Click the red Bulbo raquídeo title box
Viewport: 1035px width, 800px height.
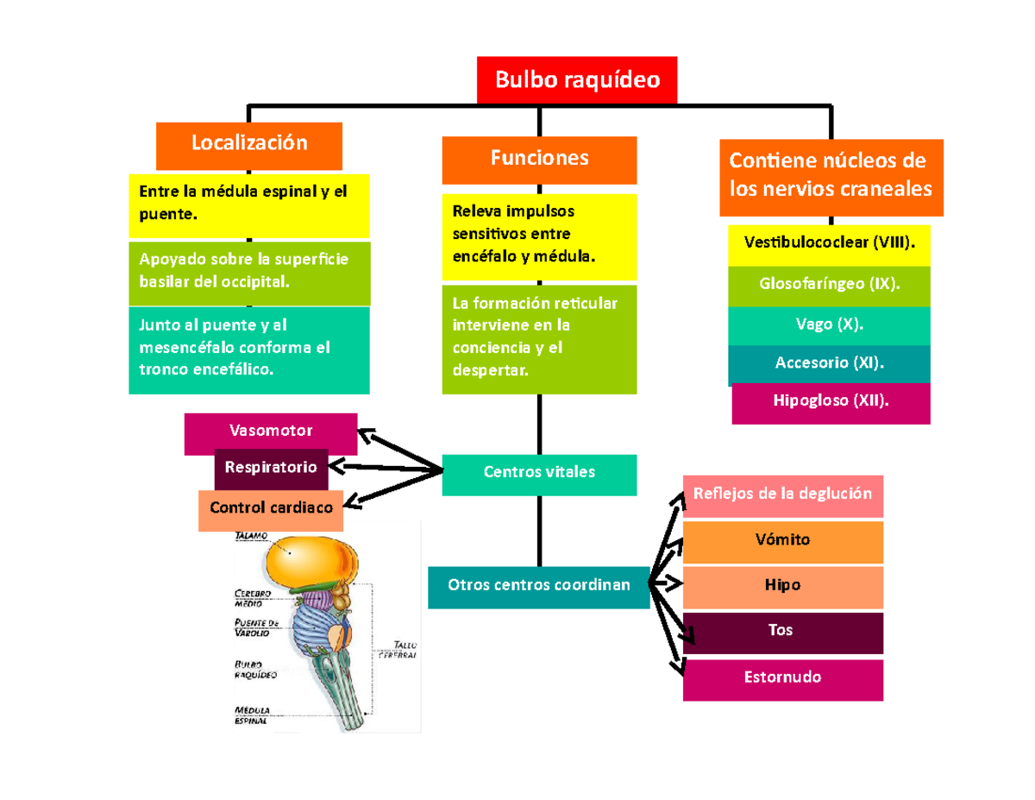click(577, 80)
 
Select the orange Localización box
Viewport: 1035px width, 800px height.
click(248, 144)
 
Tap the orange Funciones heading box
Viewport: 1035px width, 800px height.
click(539, 158)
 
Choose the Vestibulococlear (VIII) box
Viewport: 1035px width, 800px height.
click(829, 245)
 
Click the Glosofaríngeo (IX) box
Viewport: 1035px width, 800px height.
click(829, 286)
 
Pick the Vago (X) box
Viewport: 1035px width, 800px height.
click(829, 325)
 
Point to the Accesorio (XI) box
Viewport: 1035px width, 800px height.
click(829, 364)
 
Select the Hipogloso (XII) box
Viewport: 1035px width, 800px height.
click(831, 402)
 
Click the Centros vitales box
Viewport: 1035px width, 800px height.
click(539, 474)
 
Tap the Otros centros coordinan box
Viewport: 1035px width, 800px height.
click(538, 586)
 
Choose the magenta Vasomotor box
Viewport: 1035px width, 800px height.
click(271, 431)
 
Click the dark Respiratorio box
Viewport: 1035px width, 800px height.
click(271, 469)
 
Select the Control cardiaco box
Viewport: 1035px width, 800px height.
click(271, 509)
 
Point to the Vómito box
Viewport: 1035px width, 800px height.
click(782, 541)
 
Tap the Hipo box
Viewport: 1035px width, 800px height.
click(782, 586)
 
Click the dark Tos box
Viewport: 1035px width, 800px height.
click(782, 632)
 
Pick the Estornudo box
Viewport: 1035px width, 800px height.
click(782, 678)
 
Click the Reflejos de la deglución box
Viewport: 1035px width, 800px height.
click(782, 495)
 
